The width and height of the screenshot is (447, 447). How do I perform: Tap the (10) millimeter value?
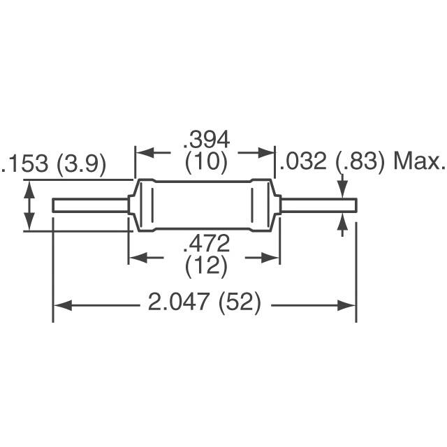click(206, 163)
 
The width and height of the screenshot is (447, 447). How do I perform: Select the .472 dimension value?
click(206, 244)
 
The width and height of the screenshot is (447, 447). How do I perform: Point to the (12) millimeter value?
click(206, 266)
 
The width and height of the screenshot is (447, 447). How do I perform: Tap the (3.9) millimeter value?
click(82, 164)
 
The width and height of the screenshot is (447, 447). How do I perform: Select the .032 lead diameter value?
click(303, 163)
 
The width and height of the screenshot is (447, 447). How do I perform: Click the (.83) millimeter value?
click(360, 163)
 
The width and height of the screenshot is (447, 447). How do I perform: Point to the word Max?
click(419, 163)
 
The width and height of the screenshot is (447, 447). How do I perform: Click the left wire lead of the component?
click(91, 205)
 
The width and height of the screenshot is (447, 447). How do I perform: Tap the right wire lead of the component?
click(318, 205)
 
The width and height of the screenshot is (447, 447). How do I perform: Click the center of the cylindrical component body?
click(205, 205)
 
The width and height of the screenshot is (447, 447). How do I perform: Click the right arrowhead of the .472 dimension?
click(274, 258)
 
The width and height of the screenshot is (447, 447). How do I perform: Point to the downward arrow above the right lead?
click(342, 189)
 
